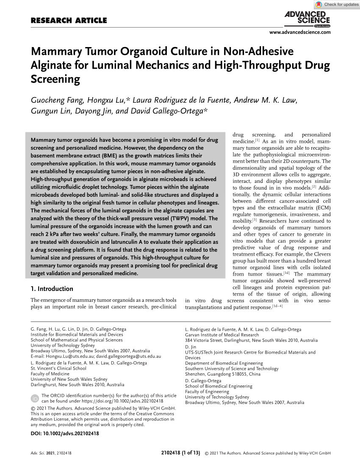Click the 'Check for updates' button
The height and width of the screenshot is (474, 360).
[337, 5]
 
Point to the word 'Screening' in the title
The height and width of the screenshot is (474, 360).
[56, 79]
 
